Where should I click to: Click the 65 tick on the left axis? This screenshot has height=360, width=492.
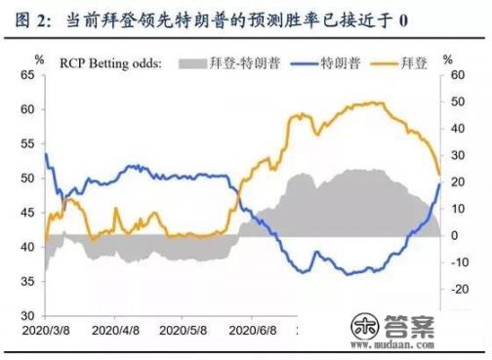(29, 74)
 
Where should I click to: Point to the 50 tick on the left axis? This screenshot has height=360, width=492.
(29, 178)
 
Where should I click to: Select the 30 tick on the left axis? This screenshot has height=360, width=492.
(29, 315)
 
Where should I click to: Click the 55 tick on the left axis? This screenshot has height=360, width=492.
(29, 143)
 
